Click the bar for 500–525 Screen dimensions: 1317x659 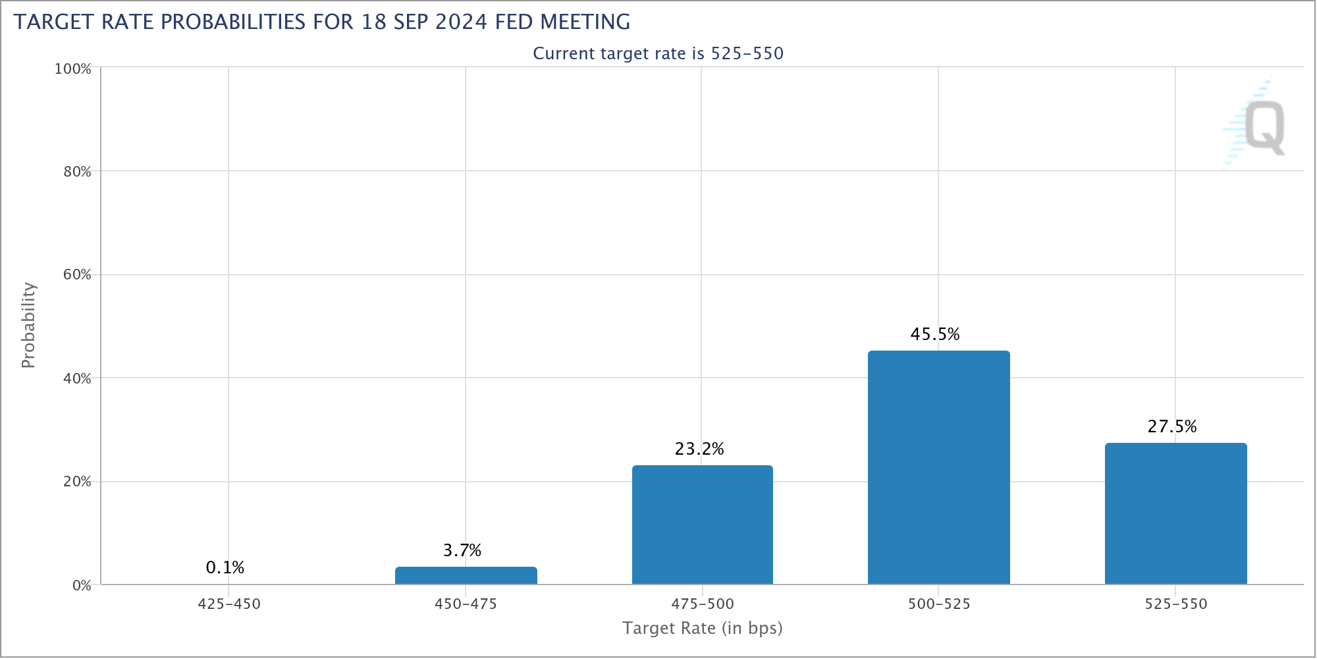tap(938, 467)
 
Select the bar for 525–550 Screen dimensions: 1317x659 tap(1175, 513)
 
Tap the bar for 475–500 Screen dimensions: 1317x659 tap(702, 525)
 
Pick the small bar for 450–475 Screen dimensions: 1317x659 tap(466, 575)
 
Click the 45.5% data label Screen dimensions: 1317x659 tap(935, 334)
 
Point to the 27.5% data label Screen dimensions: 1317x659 tap(1172, 426)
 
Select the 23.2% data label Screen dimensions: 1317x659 tap(699, 449)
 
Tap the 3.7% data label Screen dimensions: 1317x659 tap(462, 550)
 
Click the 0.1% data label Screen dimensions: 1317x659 tap(225, 567)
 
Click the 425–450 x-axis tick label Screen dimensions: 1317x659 tap(229, 604)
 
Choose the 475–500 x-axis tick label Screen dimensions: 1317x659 tap(703, 604)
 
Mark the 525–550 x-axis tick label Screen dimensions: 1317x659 tap(1176, 604)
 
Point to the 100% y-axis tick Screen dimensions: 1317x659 tap(73, 69)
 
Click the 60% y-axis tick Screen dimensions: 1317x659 tap(77, 275)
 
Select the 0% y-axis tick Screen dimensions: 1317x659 tap(82, 585)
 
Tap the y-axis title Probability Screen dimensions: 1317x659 tap(28, 325)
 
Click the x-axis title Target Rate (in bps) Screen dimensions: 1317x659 tap(703, 628)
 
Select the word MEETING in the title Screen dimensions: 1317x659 tap(585, 22)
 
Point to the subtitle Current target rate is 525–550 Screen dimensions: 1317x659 tap(658, 53)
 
